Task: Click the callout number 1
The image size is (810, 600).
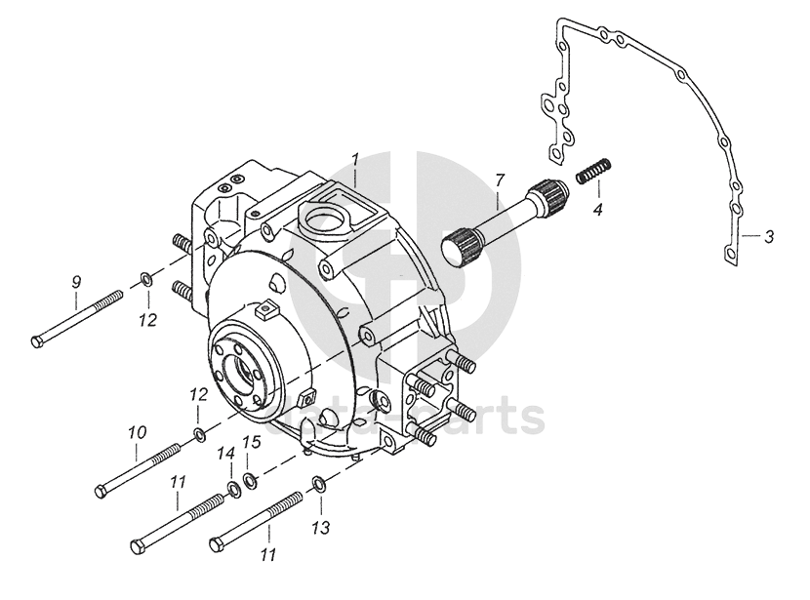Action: pos(356,158)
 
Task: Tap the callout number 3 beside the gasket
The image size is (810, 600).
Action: pos(769,236)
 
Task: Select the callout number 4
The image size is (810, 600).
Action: pos(598,209)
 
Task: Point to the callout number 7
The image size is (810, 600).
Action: pos(499,180)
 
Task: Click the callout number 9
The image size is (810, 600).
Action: pos(76,282)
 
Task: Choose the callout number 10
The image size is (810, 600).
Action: pos(137,431)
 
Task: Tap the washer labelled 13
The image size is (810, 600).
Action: pos(319,485)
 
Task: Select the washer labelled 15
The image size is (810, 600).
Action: pos(251,478)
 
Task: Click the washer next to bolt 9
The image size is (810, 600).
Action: pos(145,281)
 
